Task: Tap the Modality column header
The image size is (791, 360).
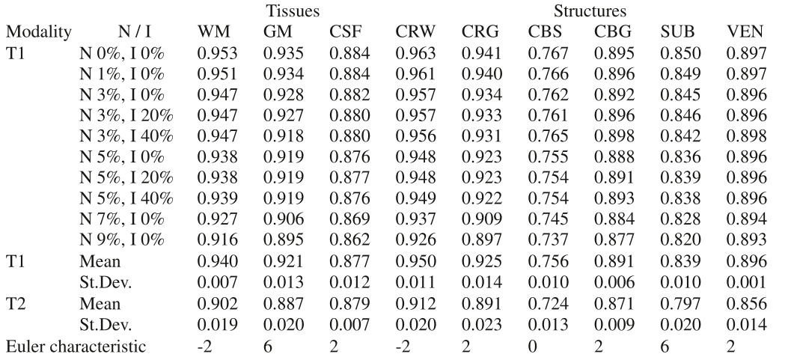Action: click(x=38, y=34)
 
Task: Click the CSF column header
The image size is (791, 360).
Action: click(x=343, y=34)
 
